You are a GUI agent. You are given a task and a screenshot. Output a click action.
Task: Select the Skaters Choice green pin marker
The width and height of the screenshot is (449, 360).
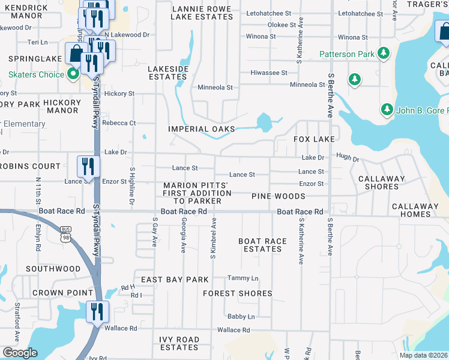pos(73,74)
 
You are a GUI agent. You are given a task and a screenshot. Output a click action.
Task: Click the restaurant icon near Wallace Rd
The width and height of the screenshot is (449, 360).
pos(95,312)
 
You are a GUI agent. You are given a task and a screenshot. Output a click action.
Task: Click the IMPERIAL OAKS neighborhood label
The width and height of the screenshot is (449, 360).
pos(202,129)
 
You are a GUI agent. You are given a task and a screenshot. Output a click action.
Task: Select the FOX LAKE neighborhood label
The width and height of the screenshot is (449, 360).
pos(314,139)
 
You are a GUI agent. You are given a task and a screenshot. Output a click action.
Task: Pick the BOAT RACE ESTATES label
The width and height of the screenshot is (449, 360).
pos(262,245)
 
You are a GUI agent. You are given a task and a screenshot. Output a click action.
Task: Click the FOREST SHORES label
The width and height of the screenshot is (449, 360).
pos(238,293)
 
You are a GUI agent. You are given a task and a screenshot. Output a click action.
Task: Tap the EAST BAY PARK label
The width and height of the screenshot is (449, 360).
pos(175,280)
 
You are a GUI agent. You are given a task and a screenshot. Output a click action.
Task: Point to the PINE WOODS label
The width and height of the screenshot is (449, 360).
pos(279,196)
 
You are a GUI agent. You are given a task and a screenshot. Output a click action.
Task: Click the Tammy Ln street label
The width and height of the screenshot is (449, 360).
pos(243,278)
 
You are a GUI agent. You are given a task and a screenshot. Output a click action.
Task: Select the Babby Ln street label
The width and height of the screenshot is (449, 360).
pos(241,316)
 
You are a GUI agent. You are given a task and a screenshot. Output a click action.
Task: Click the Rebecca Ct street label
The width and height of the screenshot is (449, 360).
pos(119,123)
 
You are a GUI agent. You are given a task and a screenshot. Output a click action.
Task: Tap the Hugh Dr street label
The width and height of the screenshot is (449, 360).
pos(347,159)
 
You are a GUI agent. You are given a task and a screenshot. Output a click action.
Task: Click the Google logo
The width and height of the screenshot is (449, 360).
pos(20,352)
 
